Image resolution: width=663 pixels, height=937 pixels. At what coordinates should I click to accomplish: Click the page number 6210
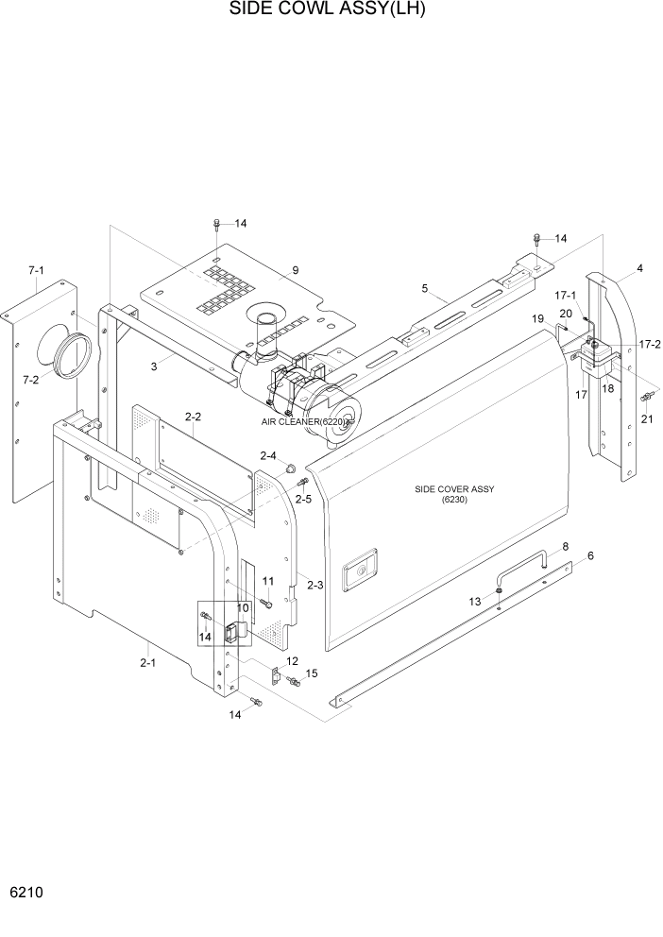[26, 893]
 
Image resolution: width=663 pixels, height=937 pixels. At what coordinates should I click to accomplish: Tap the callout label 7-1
[37, 271]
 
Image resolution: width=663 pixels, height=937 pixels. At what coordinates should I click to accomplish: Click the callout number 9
[295, 270]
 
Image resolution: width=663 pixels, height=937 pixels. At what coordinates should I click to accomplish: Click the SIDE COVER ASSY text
[454, 489]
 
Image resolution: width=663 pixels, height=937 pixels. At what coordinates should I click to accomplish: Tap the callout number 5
[424, 287]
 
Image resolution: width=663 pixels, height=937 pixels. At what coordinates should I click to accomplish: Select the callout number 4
[639, 268]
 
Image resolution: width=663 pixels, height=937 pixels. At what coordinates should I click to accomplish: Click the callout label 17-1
[565, 295]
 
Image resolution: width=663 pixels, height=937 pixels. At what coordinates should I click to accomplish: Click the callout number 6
[590, 556]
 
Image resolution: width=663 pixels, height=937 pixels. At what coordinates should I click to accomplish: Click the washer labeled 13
[498, 591]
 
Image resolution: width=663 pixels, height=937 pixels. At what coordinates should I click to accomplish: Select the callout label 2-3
[314, 586]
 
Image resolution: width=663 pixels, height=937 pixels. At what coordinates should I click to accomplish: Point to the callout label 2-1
[147, 663]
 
